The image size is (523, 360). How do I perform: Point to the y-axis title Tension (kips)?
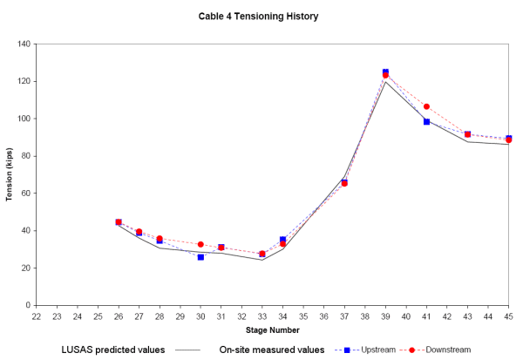10,173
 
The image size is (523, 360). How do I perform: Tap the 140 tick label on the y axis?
23,44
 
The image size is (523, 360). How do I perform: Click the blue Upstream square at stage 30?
200,257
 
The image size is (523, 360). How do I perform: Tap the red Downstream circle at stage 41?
426,106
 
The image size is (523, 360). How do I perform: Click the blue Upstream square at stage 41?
426,121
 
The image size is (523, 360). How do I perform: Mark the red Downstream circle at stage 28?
160,239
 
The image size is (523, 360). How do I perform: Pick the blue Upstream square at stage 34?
282,239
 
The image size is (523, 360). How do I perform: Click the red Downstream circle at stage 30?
200,244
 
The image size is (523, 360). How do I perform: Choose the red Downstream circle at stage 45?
508,139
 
